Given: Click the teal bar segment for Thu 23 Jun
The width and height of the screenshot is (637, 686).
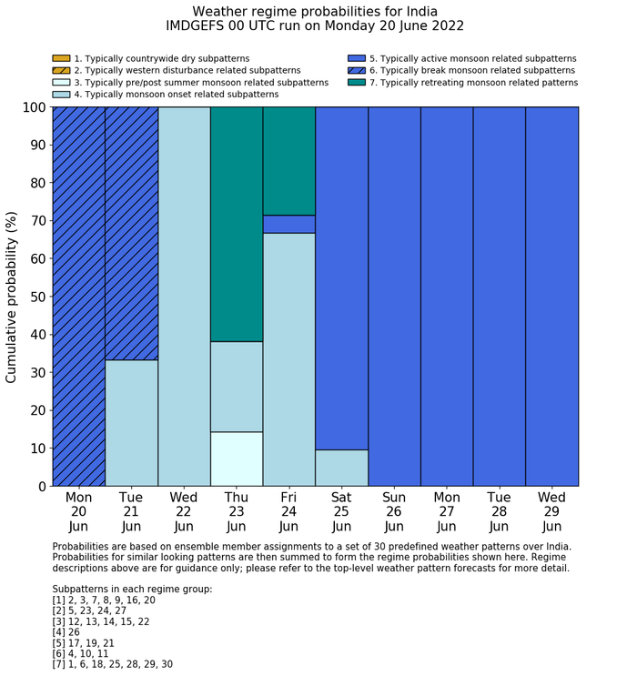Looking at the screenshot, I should click(x=237, y=224).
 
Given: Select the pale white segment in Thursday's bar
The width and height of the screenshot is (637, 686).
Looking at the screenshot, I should click(x=237, y=459).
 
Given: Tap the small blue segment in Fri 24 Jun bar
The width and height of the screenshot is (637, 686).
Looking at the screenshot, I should click(x=289, y=224).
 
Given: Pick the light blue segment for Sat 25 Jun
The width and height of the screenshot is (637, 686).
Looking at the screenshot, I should click(x=341, y=468).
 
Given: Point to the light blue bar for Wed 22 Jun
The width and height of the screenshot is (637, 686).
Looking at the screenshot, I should click(x=184, y=297).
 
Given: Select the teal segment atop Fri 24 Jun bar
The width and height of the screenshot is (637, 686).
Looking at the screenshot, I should click(x=289, y=161).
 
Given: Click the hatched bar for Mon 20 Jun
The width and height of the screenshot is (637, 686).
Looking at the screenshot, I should click(x=79, y=297).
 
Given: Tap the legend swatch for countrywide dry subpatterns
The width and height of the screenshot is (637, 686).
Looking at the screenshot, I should click(x=61, y=59).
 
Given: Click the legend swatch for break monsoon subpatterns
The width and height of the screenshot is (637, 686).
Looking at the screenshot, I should click(x=357, y=71).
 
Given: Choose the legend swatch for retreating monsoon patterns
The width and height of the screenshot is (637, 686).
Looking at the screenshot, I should click(x=357, y=83).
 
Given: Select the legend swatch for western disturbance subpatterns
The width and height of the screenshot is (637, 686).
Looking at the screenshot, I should click(x=61, y=71).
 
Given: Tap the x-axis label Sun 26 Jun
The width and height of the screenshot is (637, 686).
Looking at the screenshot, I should click(x=394, y=512).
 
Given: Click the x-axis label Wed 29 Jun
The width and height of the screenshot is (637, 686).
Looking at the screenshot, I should click(x=551, y=512).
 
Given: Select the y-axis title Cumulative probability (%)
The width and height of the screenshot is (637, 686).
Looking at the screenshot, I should click(x=12, y=297).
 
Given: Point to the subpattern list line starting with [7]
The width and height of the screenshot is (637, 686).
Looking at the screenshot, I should click(x=113, y=664).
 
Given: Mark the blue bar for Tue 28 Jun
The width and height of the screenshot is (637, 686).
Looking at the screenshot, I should click(x=500, y=297).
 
